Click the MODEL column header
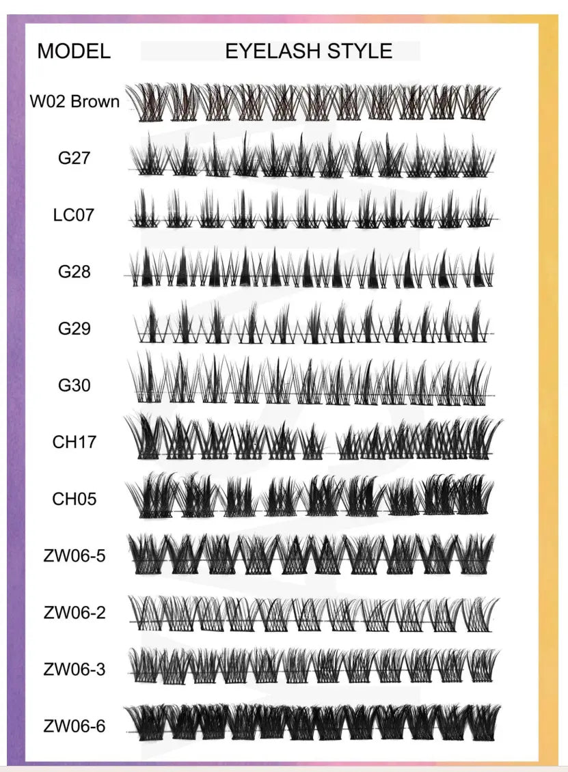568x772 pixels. click(x=74, y=51)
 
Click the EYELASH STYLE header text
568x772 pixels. click(x=309, y=51)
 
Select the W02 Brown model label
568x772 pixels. click(x=75, y=102)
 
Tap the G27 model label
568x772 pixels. click(x=75, y=158)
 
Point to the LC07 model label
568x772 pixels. click(x=74, y=215)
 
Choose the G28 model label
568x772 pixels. click(x=75, y=272)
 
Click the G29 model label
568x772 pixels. click(x=75, y=329)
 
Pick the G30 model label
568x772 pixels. click(x=75, y=385)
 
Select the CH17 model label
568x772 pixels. click(x=75, y=442)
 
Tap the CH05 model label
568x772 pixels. click(x=75, y=499)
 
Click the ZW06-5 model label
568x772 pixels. click(x=75, y=555)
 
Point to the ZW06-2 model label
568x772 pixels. click(x=75, y=613)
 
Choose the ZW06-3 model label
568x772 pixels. click(x=75, y=670)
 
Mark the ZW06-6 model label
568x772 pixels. click(x=75, y=726)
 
